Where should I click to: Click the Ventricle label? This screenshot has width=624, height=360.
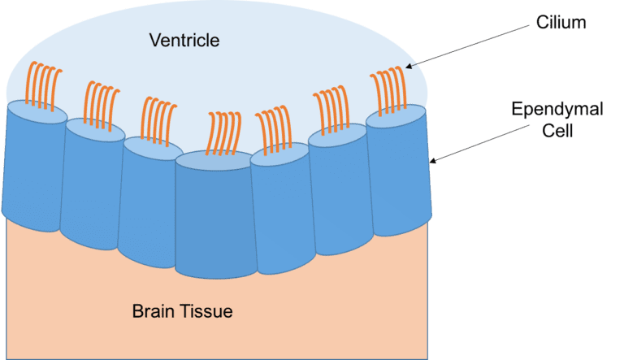tap(184, 40)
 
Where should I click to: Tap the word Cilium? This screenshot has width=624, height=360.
tap(561, 22)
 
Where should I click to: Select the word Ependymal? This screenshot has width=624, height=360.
tap(557, 110)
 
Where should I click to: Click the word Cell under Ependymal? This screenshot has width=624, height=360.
tap(557, 131)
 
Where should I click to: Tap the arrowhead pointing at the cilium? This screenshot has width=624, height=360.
tap(409, 66)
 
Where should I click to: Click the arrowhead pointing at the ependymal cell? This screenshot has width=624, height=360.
tap(432, 160)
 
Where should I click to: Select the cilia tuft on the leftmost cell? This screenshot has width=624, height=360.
tap(43, 85)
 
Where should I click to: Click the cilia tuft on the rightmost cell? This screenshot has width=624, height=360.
tap(389, 91)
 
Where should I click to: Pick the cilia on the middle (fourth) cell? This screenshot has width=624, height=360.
tap(223, 133)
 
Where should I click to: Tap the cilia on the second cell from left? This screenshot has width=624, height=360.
tap(101, 106)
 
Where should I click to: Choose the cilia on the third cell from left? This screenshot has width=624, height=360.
tap(158, 121)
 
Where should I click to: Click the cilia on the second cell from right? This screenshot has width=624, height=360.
tap(331, 110)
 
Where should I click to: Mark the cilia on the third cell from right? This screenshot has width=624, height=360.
tap(274, 130)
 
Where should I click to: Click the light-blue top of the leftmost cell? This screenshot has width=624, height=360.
tap(37, 112)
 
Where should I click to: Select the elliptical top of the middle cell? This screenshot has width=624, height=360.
tap(214, 161)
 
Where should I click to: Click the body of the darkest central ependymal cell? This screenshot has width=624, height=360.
tap(214, 219)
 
